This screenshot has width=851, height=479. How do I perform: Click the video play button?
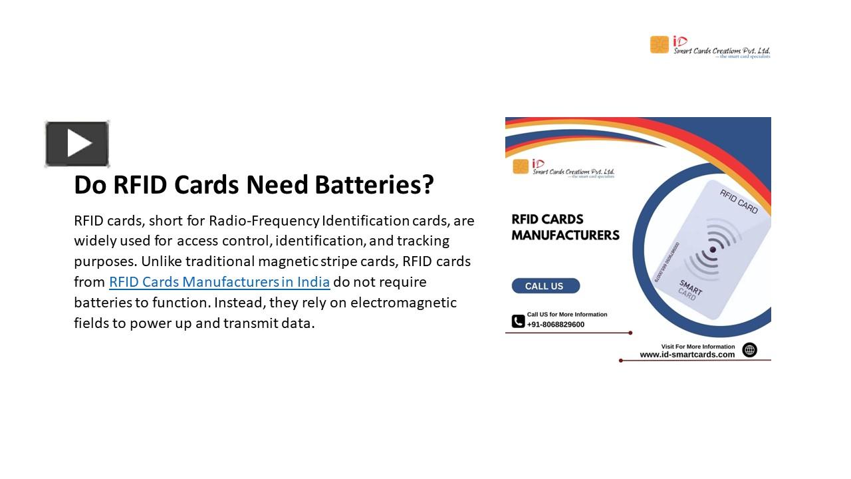click(x=77, y=144)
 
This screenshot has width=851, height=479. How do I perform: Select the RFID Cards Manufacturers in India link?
click(x=219, y=282)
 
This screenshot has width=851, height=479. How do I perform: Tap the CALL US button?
click(x=545, y=286)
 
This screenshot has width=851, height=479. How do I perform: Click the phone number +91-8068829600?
click(x=556, y=325)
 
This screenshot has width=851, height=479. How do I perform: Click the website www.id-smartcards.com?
click(x=687, y=355)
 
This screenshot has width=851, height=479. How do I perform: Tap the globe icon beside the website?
click(x=749, y=350)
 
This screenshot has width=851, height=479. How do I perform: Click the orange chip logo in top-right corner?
click(x=659, y=45)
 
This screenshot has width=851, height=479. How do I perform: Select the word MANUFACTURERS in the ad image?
click(x=565, y=235)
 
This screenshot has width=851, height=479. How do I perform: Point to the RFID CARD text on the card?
click(x=739, y=201)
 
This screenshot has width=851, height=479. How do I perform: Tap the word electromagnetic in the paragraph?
click(x=404, y=303)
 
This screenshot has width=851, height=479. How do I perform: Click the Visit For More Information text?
click(x=698, y=346)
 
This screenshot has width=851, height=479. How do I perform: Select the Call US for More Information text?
click(x=567, y=314)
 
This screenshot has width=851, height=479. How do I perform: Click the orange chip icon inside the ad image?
click(x=521, y=166)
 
